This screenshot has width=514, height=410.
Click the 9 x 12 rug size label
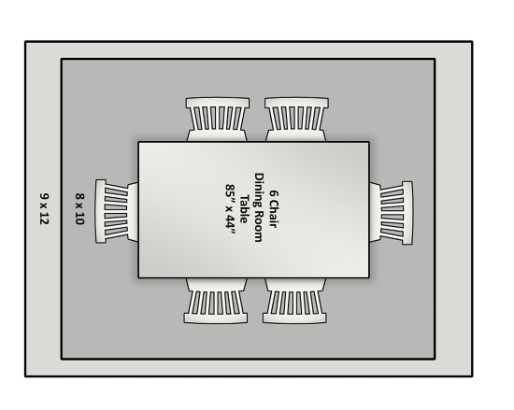(x=44, y=209)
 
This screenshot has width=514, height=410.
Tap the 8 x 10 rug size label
(x=80, y=209)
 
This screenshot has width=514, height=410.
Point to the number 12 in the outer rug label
(x=44, y=219)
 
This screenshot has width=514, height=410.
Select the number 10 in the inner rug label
(x=80, y=219)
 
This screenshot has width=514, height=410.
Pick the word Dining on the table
(x=259, y=189)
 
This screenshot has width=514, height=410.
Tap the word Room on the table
(x=259, y=225)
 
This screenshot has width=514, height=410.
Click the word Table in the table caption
(x=244, y=209)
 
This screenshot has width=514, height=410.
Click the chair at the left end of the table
(x=117, y=211)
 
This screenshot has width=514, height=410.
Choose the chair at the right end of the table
(x=391, y=213)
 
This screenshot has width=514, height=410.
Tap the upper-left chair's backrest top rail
(x=218, y=103)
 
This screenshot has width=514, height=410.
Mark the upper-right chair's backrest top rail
(x=296, y=103)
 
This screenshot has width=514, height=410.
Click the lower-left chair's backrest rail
(x=216, y=318)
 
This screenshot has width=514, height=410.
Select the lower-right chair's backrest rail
(x=294, y=318)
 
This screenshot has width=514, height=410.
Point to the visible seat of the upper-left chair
(x=217, y=136)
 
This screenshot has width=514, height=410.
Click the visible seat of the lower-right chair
(x=295, y=284)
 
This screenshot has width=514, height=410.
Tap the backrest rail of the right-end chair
(x=407, y=213)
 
